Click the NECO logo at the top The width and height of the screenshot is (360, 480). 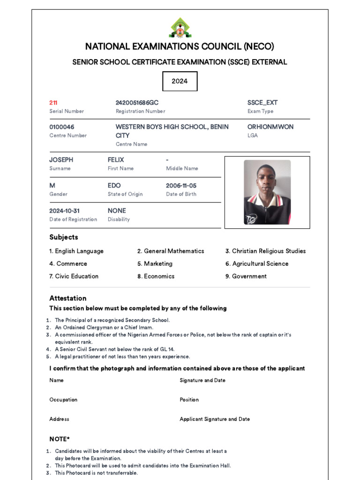coord(180,28)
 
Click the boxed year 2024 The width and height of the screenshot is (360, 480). coord(180,81)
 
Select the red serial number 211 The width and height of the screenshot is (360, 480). coord(53,103)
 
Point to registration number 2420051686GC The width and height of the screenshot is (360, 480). coord(140,103)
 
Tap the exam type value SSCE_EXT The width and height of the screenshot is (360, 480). coord(262,103)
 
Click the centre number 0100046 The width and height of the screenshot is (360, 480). coord(62,127)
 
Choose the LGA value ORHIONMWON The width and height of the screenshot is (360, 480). coord(270,127)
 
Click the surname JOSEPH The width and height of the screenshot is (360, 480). coord(61,160)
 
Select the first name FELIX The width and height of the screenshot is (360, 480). coord(116,160)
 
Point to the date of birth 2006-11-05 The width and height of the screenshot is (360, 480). coord(181,186)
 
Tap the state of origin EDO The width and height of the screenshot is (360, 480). coord(114,186)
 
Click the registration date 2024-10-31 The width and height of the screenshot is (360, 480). coord(65,211)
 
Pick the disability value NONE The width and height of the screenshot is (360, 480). coord(117,211)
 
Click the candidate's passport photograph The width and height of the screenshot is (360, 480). coord(267,192)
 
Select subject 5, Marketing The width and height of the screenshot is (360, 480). coord(155,263)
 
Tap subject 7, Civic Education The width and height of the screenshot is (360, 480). coord(74,276)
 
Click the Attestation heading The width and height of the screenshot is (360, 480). coord(68,298)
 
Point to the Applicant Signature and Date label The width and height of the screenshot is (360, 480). coord(215,419)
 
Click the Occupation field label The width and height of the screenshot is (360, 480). coord(63,400)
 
